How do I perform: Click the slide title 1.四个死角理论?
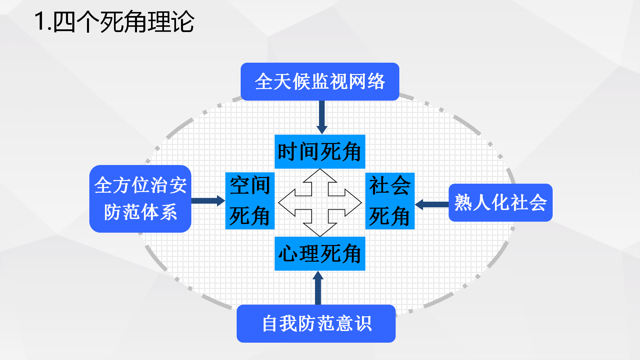[114, 22]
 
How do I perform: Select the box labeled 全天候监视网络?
[320, 82]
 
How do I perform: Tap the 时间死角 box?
[320, 152]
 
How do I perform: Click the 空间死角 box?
[250, 201]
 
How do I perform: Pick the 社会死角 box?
[390, 201]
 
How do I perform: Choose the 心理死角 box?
[320, 254]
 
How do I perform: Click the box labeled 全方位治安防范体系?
[140, 199]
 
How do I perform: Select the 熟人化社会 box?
[500, 203]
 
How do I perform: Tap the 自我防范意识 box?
[316, 323]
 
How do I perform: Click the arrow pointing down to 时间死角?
[322, 117]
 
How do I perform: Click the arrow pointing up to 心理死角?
[318, 287]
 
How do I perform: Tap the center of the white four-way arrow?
[320, 203]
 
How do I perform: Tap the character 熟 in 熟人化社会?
[463, 203]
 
